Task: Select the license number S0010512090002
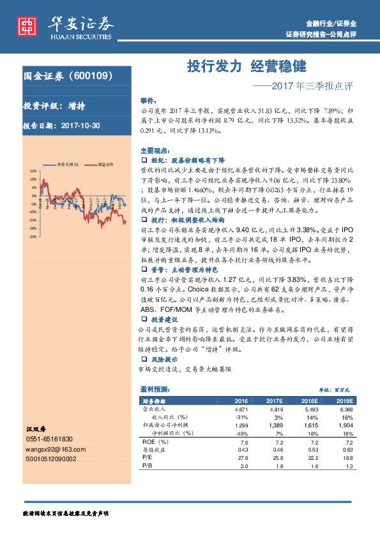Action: (50, 459)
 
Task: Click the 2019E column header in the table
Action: (345, 400)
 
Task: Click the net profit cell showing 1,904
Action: (345, 424)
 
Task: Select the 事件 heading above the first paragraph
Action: (148, 101)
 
